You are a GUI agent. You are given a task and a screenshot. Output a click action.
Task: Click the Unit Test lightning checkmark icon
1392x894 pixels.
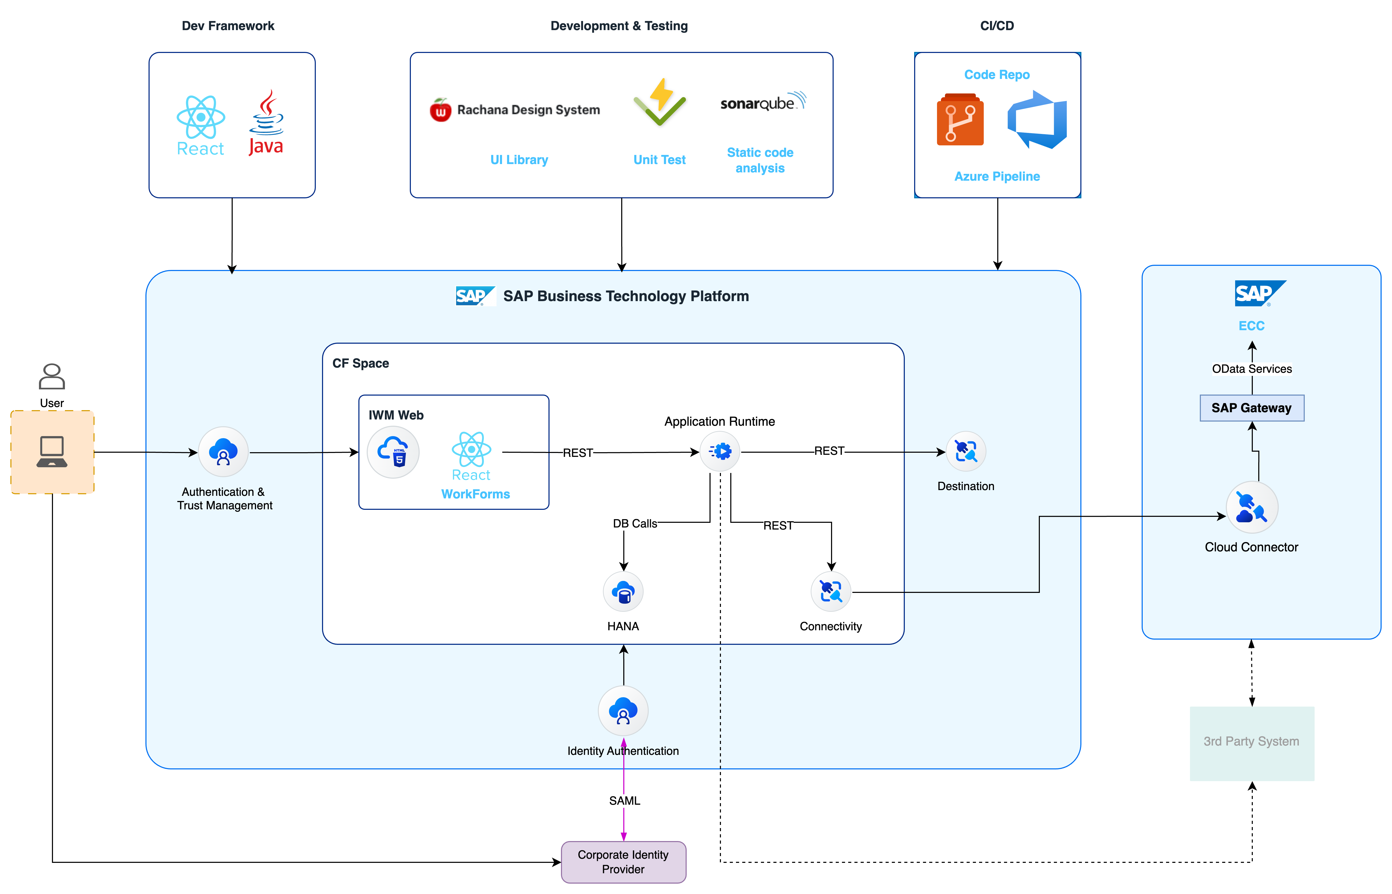click(660, 103)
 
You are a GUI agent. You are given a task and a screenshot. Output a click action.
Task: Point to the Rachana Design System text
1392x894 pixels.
click(528, 110)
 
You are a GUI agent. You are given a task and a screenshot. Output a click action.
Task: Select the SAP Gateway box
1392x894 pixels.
click(1252, 408)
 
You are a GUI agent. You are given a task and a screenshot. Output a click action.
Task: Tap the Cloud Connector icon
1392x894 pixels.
click(1252, 507)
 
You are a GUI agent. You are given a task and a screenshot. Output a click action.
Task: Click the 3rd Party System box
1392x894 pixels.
click(1252, 743)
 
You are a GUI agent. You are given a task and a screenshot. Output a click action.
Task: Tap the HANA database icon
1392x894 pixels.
click(623, 592)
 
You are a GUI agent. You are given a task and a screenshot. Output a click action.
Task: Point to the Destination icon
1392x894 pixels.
click(966, 451)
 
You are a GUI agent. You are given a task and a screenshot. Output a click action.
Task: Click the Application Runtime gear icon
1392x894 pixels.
click(720, 451)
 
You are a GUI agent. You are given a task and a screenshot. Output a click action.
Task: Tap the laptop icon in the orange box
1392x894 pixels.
click(52, 452)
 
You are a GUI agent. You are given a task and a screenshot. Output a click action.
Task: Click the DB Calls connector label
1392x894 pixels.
click(635, 523)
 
